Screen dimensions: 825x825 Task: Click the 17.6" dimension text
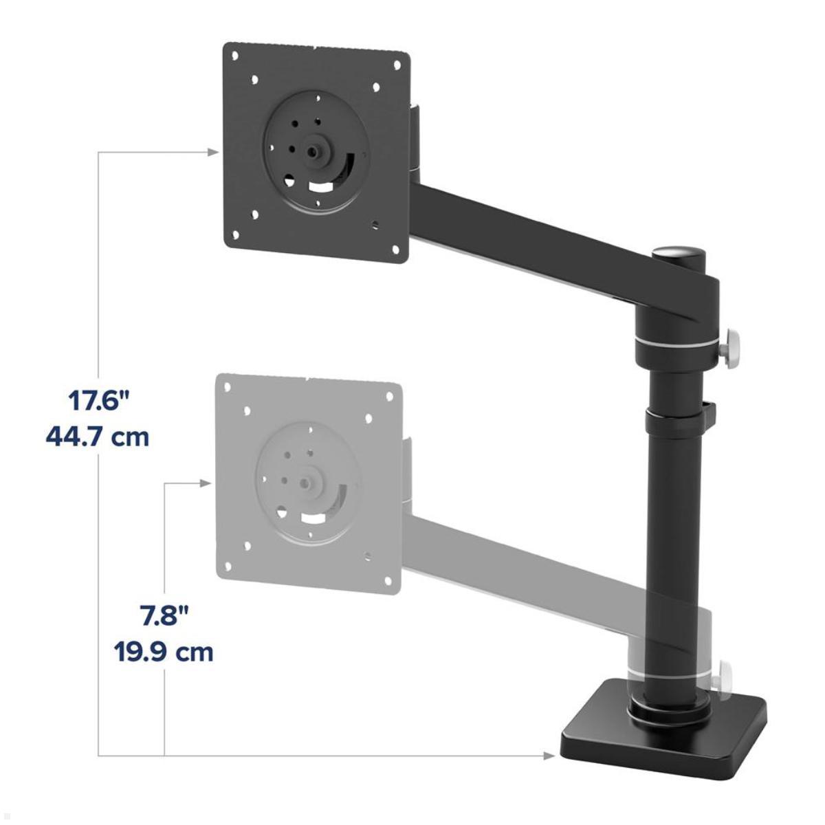tap(98, 401)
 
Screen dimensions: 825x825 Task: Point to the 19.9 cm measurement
tap(164, 651)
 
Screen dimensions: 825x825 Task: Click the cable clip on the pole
tap(709, 412)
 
